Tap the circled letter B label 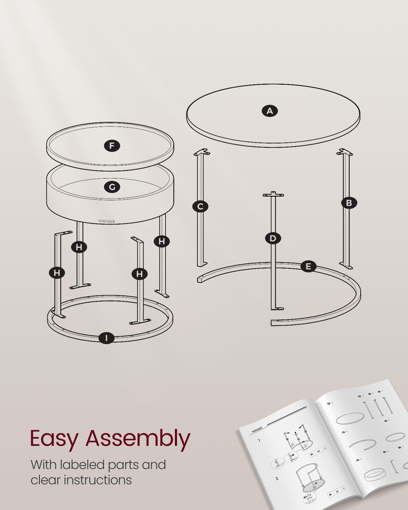point(349,203)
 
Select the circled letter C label point(200,207)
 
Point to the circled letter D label point(273,238)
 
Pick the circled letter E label point(308,266)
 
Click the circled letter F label point(112,146)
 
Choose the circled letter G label point(112,187)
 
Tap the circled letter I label point(106,338)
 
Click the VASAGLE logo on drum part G point(107,221)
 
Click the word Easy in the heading point(55,439)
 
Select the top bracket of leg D point(273,194)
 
